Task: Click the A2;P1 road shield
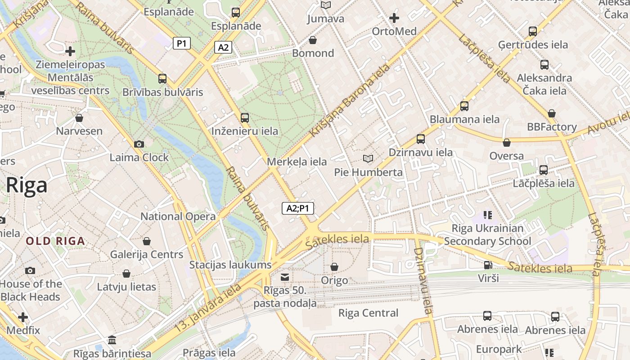tap(298, 208)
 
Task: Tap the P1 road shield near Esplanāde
tap(182, 43)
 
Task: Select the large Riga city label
tap(26, 185)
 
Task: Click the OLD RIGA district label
tap(55, 241)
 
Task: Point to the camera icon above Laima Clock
tap(139, 144)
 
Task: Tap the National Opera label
tap(178, 216)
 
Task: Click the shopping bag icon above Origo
tap(334, 267)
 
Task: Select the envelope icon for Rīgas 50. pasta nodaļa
tap(285, 277)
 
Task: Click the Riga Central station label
tap(368, 313)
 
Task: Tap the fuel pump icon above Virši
tap(488, 265)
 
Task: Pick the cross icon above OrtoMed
tap(394, 18)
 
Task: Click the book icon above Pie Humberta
tap(368, 158)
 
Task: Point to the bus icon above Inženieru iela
tap(245, 118)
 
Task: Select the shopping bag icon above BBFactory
tap(552, 113)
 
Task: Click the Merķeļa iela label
tap(297, 162)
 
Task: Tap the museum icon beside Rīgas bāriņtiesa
tap(112, 339)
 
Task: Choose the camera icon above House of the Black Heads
tap(30, 270)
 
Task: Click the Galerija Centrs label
tap(147, 254)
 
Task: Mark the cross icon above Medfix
tap(23, 317)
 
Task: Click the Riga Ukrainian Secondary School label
tap(488, 234)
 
